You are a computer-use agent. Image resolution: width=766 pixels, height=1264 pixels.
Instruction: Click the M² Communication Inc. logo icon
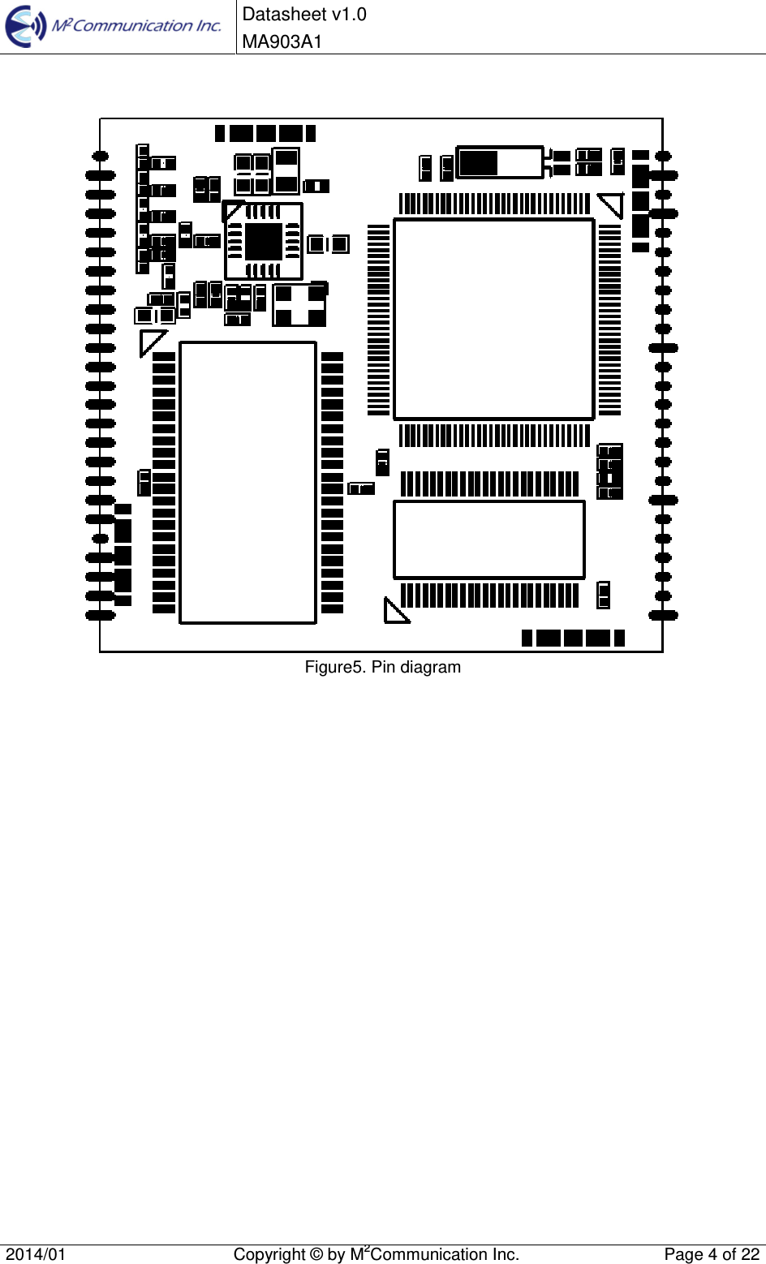[26, 27]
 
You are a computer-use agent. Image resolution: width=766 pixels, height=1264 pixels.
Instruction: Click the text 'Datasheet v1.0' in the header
[304, 15]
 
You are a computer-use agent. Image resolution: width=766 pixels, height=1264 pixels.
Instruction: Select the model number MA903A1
[282, 41]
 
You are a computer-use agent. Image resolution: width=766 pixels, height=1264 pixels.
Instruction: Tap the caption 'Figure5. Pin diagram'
[382, 667]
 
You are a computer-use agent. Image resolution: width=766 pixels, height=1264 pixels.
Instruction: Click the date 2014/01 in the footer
[37, 1254]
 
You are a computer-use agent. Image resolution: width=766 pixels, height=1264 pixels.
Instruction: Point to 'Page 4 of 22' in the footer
[712, 1254]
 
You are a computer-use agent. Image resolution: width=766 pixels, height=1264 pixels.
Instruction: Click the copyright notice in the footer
[376, 1254]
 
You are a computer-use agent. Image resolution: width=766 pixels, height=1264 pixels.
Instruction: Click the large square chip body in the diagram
[493, 319]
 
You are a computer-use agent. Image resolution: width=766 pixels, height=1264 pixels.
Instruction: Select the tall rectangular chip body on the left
[247, 483]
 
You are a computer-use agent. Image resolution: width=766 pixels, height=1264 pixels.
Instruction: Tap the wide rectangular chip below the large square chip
[488, 540]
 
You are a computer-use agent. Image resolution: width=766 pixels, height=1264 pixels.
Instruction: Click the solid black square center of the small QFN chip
[264, 242]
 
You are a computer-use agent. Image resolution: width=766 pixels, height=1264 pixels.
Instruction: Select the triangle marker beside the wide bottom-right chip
[395, 612]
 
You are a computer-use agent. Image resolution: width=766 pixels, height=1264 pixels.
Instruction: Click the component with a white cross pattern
[299, 305]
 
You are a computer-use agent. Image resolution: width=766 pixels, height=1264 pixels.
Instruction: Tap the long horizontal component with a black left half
[499, 162]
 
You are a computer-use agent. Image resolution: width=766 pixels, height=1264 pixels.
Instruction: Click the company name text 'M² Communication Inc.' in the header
[136, 26]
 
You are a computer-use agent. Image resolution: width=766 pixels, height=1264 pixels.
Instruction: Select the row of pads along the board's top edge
[265, 133]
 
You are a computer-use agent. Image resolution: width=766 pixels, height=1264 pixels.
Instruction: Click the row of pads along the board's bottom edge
[573, 638]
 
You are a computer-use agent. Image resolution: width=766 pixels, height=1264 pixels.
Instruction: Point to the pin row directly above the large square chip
[493, 204]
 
